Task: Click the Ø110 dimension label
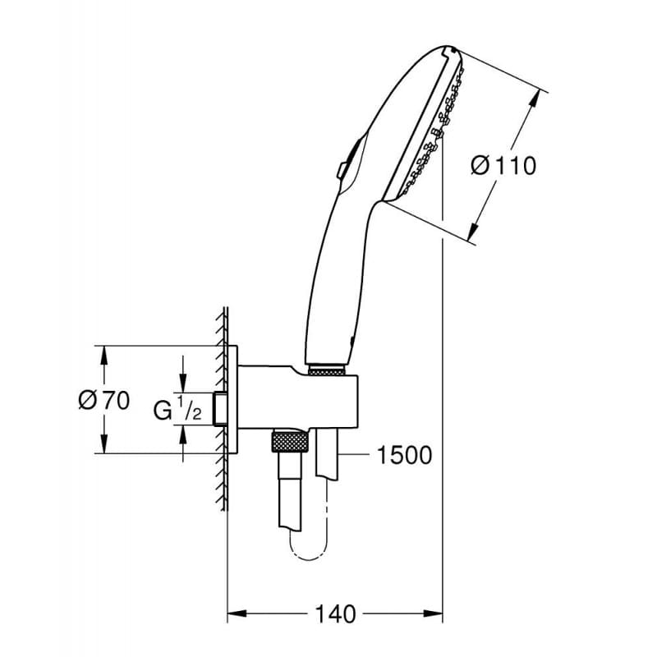pyautogui.click(x=503, y=166)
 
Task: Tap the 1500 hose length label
pyautogui.click(x=403, y=454)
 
